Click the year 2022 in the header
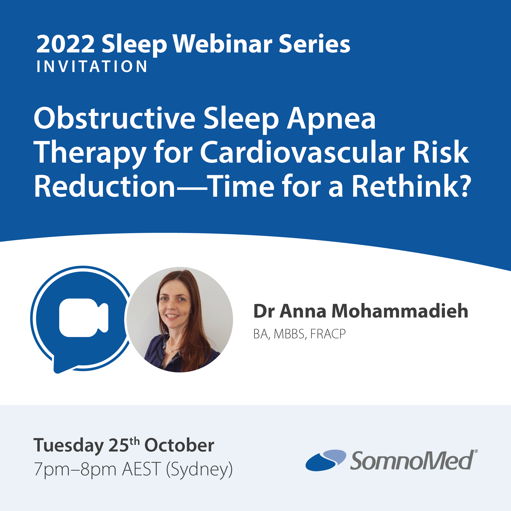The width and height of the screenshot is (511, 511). [x=65, y=44]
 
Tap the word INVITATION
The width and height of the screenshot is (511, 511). [x=92, y=66]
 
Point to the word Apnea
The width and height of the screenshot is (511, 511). [x=331, y=119]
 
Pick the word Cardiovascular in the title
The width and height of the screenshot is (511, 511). [x=302, y=153]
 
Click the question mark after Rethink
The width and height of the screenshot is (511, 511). [x=465, y=186]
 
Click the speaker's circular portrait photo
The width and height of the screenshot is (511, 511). [x=180, y=320]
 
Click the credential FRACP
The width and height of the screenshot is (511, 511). [x=328, y=334]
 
